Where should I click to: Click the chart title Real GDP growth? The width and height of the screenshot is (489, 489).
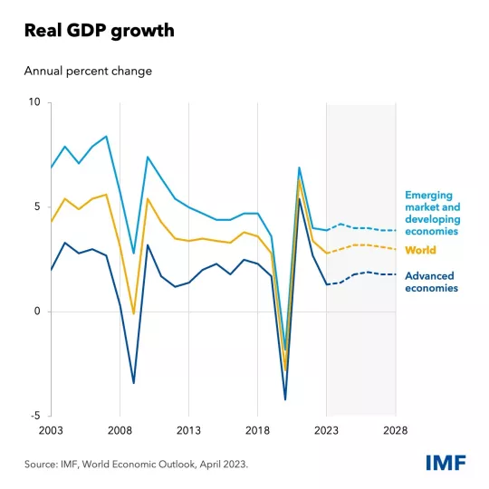(x=100, y=31)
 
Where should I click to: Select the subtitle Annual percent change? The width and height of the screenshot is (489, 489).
(x=87, y=71)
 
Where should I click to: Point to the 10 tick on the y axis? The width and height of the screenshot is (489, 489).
(x=34, y=102)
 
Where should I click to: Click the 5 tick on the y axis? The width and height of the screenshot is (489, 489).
(x=37, y=206)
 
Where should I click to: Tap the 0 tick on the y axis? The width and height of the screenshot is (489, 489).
(x=37, y=312)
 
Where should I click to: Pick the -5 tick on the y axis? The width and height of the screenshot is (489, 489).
(x=35, y=416)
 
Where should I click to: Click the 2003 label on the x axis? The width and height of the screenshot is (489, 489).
(x=52, y=431)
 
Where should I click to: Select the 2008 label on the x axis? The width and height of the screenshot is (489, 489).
(x=120, y=431)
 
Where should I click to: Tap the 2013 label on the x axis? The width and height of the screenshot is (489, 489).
(x=188, y=431)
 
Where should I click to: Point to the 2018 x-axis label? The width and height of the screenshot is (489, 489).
(x=257, y=431)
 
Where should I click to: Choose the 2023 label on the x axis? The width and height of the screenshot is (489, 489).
(x=326, y=431)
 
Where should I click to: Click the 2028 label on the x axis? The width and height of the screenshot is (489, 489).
(x=395, y=431)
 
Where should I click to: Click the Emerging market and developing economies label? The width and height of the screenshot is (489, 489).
(x=433, y=213)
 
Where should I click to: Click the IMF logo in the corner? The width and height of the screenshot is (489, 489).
(x=446, y=463)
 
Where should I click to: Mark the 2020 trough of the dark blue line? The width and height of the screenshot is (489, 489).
(x=285, y=399)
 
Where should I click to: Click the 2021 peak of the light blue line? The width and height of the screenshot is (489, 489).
(x=299, y=168)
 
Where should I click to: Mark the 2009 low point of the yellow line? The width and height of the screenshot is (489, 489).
(x=134, y=314)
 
